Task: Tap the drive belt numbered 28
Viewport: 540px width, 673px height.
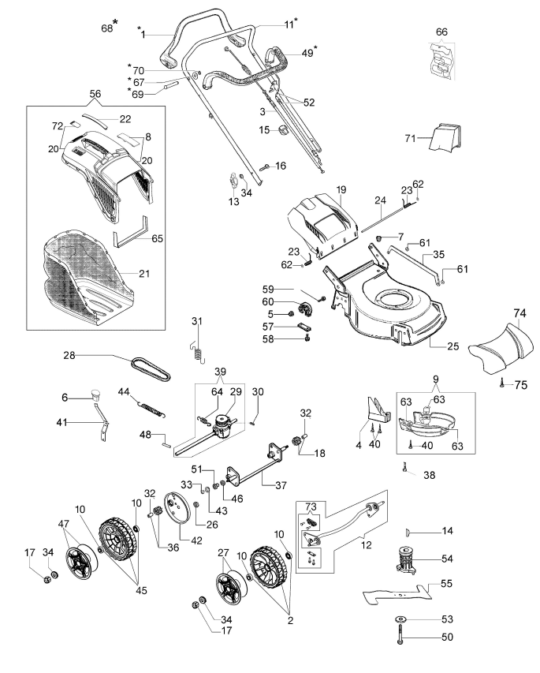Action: click(151, 368)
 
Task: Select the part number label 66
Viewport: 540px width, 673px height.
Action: click(441, 32)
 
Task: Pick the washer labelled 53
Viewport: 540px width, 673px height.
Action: click(401, 619)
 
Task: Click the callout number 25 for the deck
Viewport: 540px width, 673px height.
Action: click(453, 346)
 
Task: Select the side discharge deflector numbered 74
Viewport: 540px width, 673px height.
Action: click(502, 349)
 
